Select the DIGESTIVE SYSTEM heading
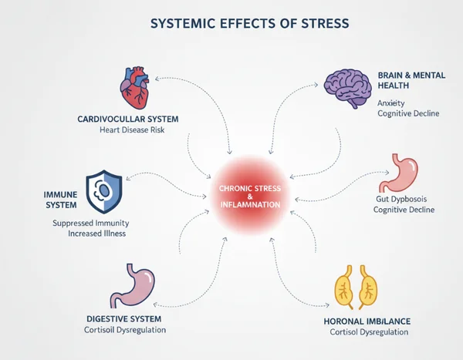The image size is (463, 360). pos(126,318)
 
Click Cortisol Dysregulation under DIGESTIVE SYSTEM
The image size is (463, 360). pos(126,330)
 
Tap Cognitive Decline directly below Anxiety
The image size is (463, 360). pos(408,113)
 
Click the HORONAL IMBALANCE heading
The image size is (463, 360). pos(367,320)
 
